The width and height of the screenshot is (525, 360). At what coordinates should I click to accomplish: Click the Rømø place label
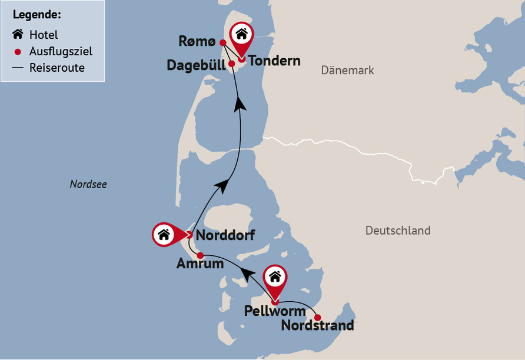click(198, 42)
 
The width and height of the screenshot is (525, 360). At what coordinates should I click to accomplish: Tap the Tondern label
click(274, 61)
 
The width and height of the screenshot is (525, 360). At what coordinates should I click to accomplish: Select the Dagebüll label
click(195, 65)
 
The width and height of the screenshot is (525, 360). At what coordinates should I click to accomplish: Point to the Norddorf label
click(225, 235)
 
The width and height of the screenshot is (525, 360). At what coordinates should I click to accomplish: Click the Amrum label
click(200, 264)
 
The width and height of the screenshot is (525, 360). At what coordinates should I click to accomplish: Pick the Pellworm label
click(275, 311)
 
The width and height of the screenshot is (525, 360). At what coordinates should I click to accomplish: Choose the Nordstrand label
click(318, 325)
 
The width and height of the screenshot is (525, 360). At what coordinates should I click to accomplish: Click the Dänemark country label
click(347, 71)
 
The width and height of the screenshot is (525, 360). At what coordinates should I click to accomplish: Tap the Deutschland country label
click(398, 230)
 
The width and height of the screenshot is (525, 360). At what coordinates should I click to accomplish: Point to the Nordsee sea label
click(88, 185)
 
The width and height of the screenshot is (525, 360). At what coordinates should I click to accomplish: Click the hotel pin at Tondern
click(241, 35)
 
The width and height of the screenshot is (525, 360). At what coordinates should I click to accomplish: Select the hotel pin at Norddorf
click(165, 234)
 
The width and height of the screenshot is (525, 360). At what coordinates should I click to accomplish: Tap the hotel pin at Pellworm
click(274, 277)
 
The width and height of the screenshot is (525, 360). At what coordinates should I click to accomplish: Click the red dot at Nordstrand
click(318, 318)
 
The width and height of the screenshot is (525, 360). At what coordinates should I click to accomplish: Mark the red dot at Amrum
click(200, 255)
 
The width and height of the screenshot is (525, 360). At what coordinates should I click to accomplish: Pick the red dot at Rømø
click(222, 42)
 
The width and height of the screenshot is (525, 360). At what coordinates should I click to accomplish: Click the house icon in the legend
click(18, 34)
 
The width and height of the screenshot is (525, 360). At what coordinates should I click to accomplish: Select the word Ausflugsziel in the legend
click(61, 51)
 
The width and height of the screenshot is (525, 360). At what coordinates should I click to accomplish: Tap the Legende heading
click(36, 14)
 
